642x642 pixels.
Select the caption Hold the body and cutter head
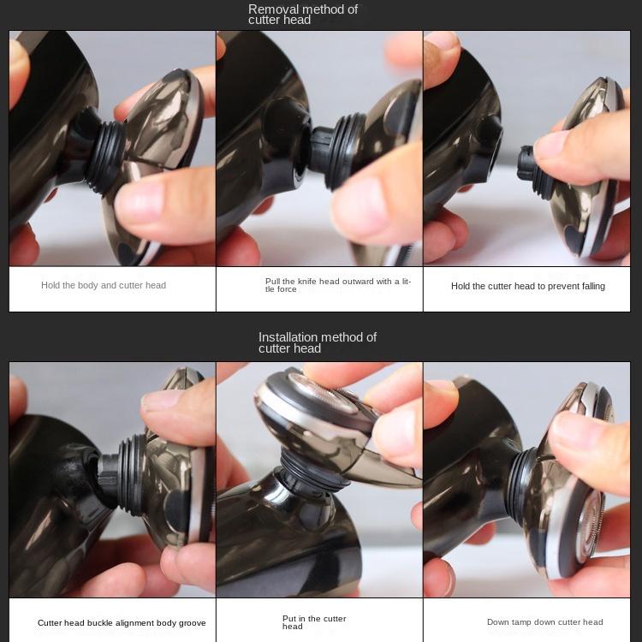(104, 285)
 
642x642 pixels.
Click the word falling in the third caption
(593, 286)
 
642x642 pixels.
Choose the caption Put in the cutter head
(314, 622)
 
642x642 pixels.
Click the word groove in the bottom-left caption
(192, 623)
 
